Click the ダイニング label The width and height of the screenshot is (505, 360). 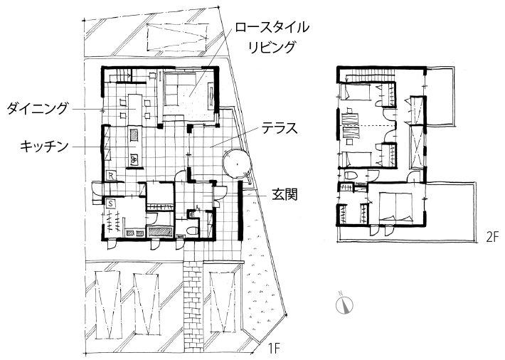[x=38, y=109]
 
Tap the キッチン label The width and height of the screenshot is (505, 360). [x=44, y=147]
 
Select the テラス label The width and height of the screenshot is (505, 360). [x=279, y=129]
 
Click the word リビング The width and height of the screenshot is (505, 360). [x=272, y=47]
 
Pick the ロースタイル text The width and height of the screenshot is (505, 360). [x=272, y=28]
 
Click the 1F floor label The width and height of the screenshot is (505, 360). [x=274, y=349]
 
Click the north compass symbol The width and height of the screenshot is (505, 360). [x=344, y=304]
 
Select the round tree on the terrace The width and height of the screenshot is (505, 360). [x=237, y=164]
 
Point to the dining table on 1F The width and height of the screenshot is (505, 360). [x=136, y=109]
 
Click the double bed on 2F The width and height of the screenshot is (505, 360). [x=395, y=206]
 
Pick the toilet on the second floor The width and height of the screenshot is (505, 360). [x=351, y=176]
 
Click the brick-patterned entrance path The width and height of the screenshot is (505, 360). [x=193, y=305]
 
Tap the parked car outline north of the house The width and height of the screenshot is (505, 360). [x=176, y=36]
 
